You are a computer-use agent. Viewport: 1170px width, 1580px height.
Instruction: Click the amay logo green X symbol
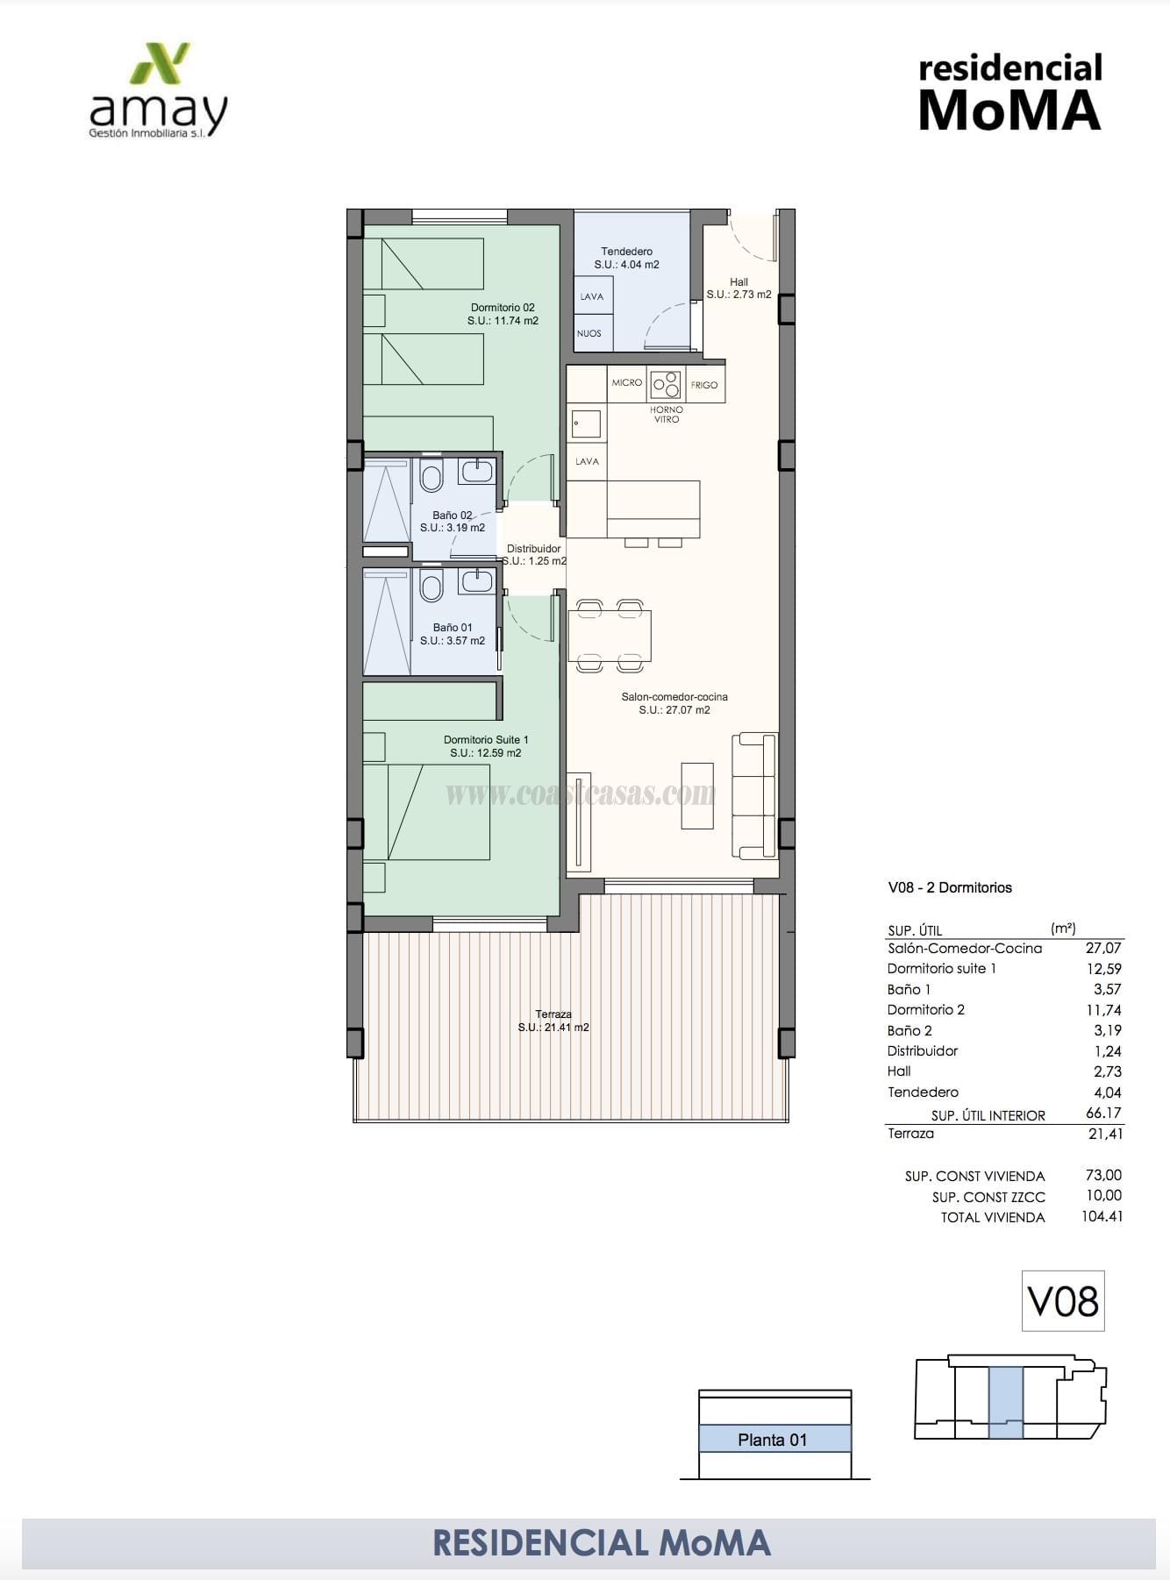(161, 63)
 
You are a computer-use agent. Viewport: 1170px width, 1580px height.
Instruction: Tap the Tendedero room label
(626, 252)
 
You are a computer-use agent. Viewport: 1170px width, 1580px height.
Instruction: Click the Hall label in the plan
(738, 282)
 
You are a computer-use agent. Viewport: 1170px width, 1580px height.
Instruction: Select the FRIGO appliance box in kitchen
(704, 385)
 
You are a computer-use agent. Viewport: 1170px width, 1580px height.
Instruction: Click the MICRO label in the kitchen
(627, 383)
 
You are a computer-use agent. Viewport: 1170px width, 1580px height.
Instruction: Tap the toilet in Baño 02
(431, 478)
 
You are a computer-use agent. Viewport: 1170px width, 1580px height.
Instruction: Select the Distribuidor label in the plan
(533, 549)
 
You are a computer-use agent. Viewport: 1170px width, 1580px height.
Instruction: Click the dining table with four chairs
(610, 636)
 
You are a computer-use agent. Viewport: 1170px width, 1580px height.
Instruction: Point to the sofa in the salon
(755, 796)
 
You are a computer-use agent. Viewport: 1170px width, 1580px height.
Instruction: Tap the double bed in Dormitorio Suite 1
(426, 812)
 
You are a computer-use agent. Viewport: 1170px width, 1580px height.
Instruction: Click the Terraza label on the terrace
(553, 1014)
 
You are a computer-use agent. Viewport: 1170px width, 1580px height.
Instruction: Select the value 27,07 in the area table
(1103, 948)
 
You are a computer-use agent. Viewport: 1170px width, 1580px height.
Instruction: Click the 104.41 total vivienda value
(1102, 1216)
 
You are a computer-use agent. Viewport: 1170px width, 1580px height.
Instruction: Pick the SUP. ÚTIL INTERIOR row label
(988, 1115)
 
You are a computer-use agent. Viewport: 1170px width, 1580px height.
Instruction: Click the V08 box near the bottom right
(1063, 1301)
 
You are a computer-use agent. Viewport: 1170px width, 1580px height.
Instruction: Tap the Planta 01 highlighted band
(774, 1439)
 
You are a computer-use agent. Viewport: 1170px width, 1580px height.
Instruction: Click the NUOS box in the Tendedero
(590, 333)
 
